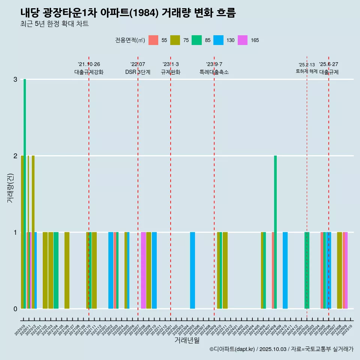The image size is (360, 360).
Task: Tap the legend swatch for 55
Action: pos(153,40)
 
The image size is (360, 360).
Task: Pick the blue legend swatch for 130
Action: pos(218,40)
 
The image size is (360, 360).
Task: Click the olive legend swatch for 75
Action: pos(175,40)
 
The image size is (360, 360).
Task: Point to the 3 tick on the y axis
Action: pos(15,79)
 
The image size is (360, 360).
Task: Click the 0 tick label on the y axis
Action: pos(15,309)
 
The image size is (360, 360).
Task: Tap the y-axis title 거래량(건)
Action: pos(10,188)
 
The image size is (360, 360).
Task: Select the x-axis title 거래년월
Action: pos(187,340)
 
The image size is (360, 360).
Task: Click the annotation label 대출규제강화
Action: pos(89,72)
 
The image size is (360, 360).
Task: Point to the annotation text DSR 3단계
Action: pos(138,72)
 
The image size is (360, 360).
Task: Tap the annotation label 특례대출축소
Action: pos(214,72)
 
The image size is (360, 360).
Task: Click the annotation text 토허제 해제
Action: pos(307,71)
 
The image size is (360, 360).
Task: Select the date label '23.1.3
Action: pos(171,64)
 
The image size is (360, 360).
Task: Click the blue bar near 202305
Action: pos(192,270)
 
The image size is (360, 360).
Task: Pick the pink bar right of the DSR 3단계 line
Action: pos(143,270)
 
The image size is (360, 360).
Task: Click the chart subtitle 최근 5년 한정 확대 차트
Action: pos(55,24)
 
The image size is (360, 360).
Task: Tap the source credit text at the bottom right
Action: pos(281,349)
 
